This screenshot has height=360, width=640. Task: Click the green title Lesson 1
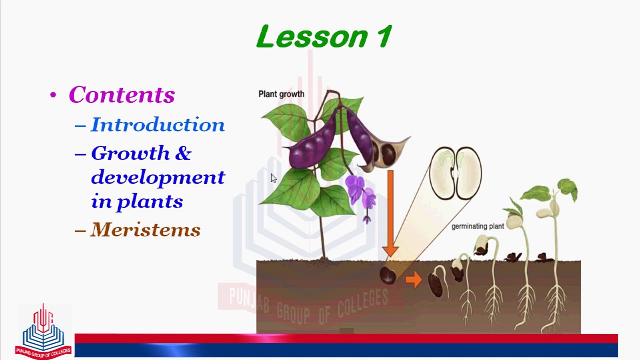pyautogui.click(x=324, y=37)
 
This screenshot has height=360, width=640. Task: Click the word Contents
pyautogui.click(x=122, y=95)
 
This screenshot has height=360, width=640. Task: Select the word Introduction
pyautogui.click(x=158, y=125)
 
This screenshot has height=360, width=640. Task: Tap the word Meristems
pyautogui.click(x=146, y=230)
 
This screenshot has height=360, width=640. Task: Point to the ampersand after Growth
pyautogui.click(x=183, y=153)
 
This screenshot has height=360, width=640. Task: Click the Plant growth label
pyautogui.click(x=281, y=94)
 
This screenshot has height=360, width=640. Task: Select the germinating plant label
pyautogui.click(x=478, y=226)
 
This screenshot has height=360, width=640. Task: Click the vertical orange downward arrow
pyautogui.click(x=390, y=213)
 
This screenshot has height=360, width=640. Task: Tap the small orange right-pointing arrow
pyautogui.click(x=414, y=279)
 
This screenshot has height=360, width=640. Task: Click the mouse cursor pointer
pyautogui.click(x=273, y=178)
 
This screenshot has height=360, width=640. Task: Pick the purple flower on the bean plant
pyautogui.click(x=361, y=195)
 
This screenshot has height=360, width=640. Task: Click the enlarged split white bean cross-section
pyautogui.click(x=455, y=173)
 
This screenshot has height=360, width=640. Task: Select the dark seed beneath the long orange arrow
pyautogui.click(x=388, y=275)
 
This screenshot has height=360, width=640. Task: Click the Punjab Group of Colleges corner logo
pyautogui.click(x=43, y=331)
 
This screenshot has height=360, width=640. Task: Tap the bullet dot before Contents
pyautogui.click(x=53, y=95)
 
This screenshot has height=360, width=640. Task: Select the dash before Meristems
pyautogui.click(x=80, y=230)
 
